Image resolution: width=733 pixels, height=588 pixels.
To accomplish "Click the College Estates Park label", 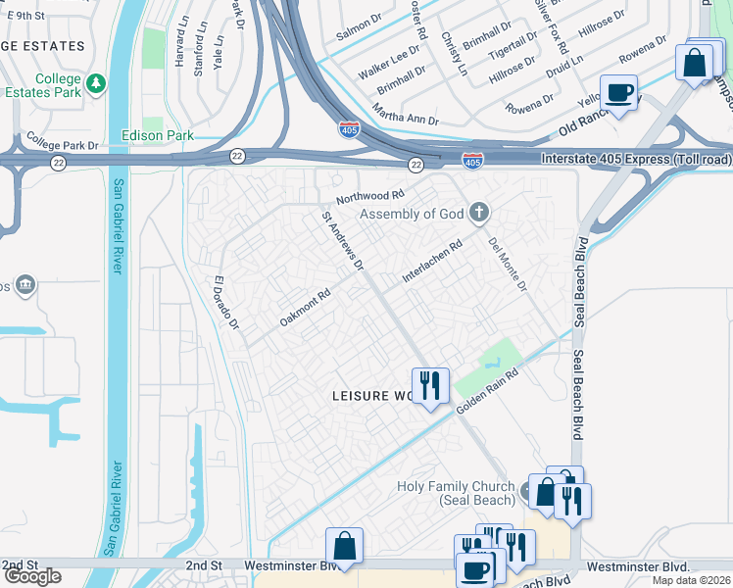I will [x=43, y=86].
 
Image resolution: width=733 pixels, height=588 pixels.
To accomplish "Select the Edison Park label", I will [x=157, y=136].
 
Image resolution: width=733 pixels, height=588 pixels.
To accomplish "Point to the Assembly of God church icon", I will [x=479, y=212].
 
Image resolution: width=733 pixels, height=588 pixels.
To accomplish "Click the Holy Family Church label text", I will [x=455, y=493].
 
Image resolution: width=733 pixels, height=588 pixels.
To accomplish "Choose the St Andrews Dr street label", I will [x=344, y=241].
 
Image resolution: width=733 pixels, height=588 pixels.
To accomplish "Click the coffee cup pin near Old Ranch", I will [x=618, y=93].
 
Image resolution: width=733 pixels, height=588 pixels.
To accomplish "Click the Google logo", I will [x=32, y=576].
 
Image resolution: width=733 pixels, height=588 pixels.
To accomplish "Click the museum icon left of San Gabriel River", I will [x=24, y=285].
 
